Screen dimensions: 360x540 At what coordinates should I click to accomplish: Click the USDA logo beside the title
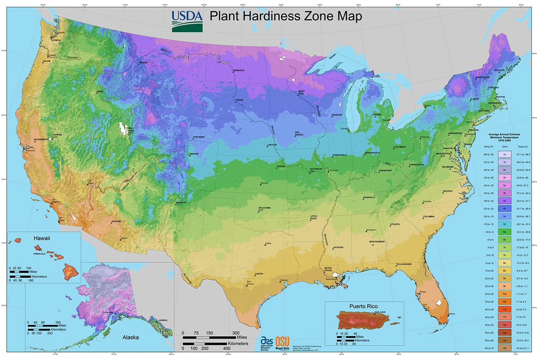point(187,21)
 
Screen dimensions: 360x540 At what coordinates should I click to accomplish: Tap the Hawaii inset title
point(40,238)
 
